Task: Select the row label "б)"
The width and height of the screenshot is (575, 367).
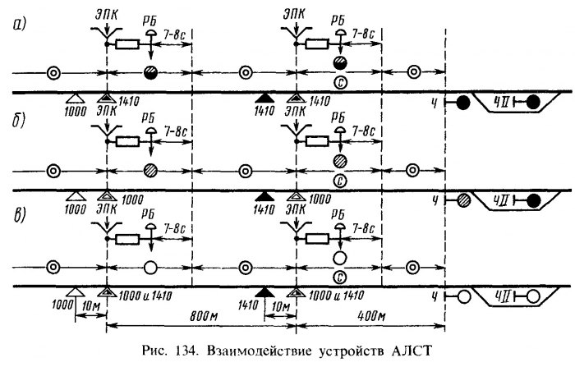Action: tap(18, 122)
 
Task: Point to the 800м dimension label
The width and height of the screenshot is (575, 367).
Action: tap(204, 314)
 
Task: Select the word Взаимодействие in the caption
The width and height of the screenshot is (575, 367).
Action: tap(256, 352)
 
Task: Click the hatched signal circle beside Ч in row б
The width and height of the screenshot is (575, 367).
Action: tap(464, 198)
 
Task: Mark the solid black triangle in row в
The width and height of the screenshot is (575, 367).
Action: tap(263, 291)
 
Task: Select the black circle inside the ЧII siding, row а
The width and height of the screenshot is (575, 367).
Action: tap(534, 103)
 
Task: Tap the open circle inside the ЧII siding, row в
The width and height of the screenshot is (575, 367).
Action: tap(534, 296)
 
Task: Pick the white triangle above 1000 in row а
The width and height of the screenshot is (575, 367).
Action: tap(76, 98)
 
